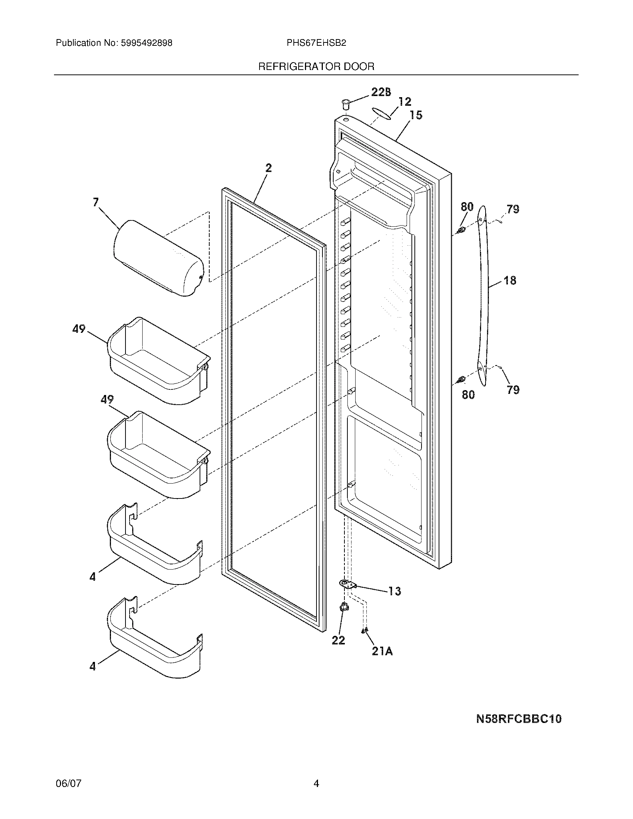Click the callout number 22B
(381, 92)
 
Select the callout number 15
(416, 115)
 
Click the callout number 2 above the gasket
(268, 168)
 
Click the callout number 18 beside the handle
(510, 280)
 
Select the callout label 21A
(382, 651)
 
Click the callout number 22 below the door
(338, 640)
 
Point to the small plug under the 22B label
(346, 103)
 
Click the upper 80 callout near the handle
(467, 207)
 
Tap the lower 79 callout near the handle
(513, 390)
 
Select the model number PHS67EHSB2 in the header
(316, 43)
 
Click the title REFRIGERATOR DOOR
(316, 67)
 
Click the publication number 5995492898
(147, 43)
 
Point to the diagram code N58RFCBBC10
(519, 719)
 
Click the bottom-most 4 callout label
(93, 666)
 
